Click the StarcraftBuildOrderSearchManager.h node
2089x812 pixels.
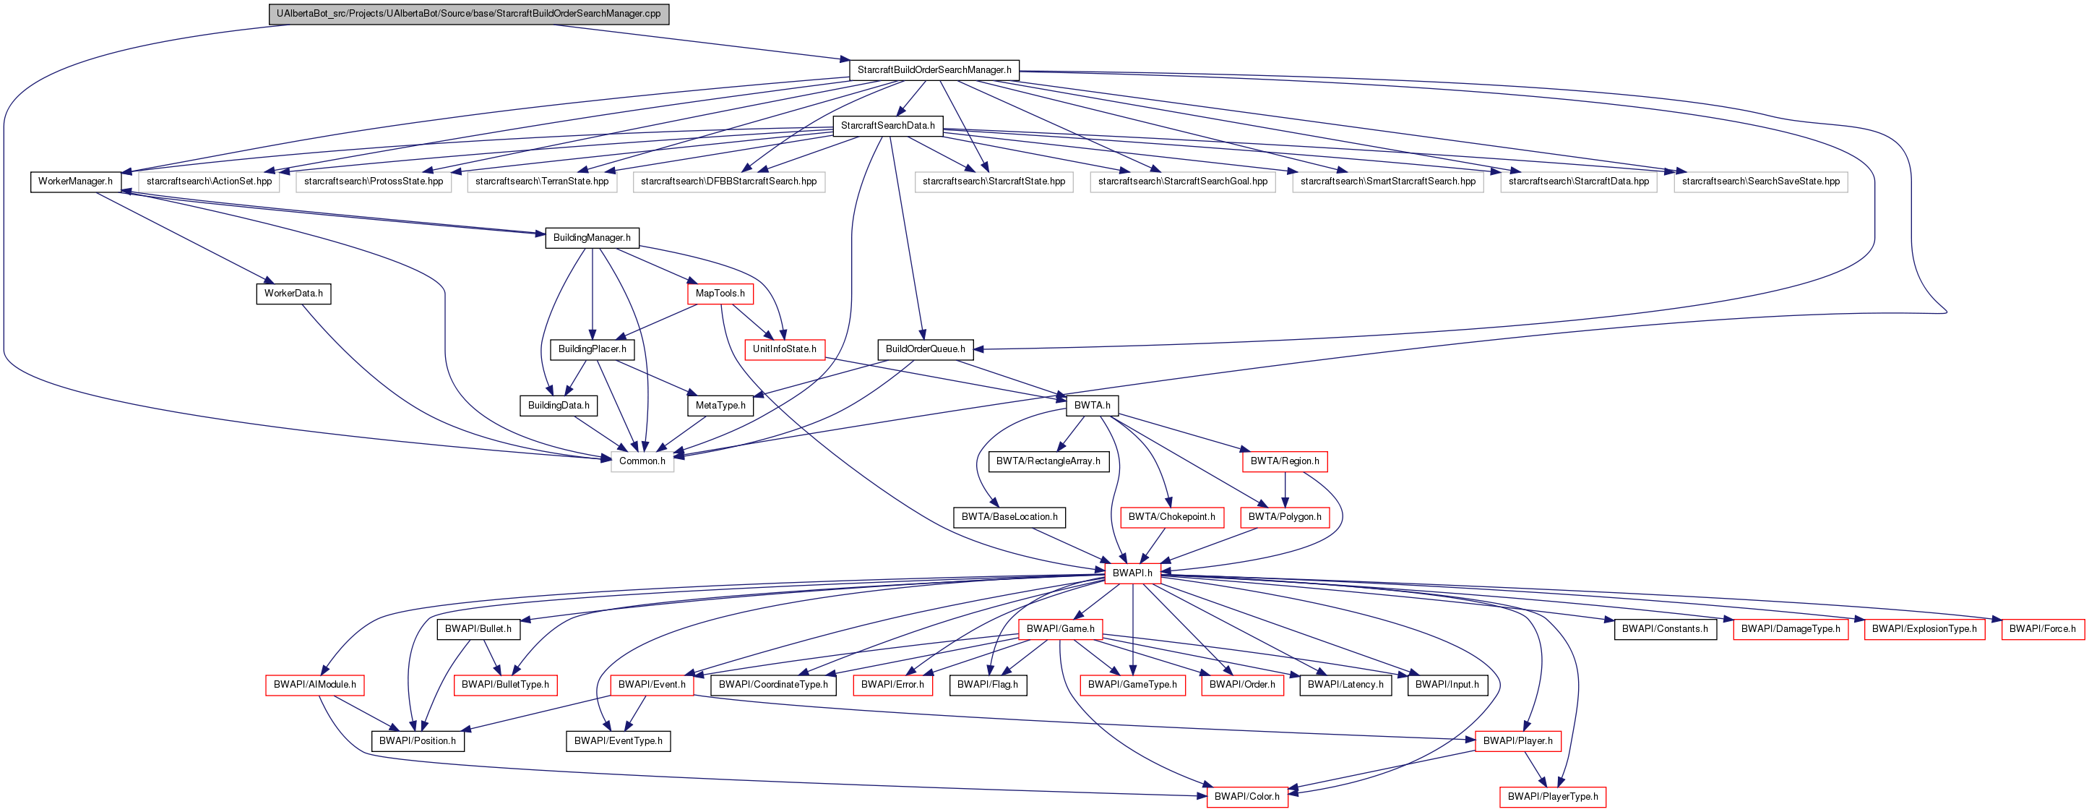[x=934, y=69]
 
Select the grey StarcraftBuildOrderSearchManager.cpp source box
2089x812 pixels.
[x=469, y=14]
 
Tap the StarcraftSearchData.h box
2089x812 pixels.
[x=887, y=126]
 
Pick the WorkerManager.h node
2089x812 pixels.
[x=75, y=181]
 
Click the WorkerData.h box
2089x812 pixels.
[x=293, y=294]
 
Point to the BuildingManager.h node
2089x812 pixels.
[x=591, y=238]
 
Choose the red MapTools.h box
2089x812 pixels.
[x=720, y=294]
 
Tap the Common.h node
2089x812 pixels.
[x=642, y=461]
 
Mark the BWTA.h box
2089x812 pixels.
[x=1092, y=406]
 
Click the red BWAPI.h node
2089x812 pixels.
[x=1132, y=573]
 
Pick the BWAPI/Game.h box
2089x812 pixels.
[x=1060, y=628]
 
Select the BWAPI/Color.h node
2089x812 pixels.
[x=1246, y=797]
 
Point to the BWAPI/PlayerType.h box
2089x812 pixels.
[x=1552, y=797]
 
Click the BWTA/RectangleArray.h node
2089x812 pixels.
[x=1048, y=461]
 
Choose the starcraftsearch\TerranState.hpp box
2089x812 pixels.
[x=542, y=181]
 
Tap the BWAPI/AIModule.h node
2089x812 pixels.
[x=314, y=685]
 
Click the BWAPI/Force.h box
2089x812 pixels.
[x=2042, y=628]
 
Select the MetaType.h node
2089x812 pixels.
[x=720, y=406]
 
